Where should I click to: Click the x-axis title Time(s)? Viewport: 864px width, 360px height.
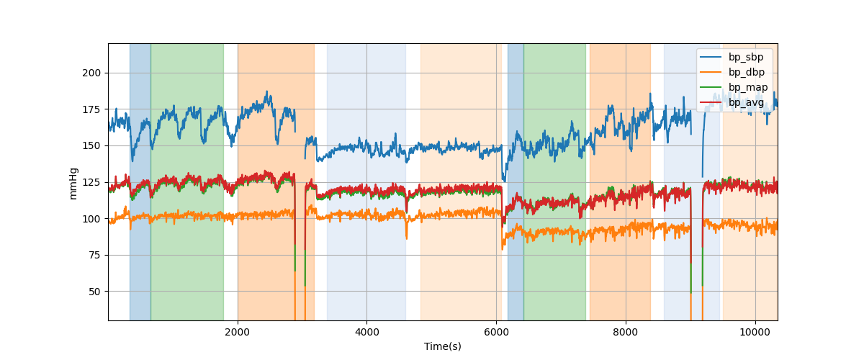pos(443,346)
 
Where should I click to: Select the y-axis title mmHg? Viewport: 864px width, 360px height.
pos(73,182)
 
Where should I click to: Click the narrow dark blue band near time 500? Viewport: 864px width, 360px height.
pos(140,180)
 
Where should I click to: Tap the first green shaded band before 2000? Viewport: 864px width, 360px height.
pos(187,180)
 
